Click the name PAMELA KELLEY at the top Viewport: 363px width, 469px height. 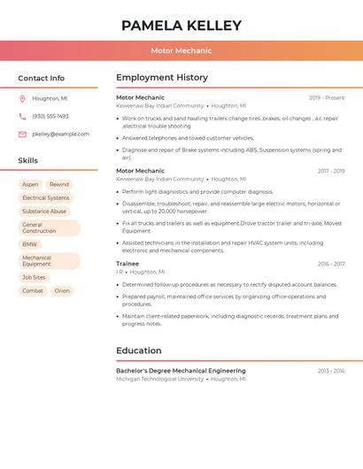pos(181,26)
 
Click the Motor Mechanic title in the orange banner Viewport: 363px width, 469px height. pos(181,51)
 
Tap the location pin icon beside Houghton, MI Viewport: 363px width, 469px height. pos(22,99)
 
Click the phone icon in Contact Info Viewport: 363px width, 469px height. pos(22,116)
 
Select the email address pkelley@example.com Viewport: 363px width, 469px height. pos(60,135)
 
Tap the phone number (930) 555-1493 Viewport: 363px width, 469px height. pos(50,116)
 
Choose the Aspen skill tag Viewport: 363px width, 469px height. pos(30,185)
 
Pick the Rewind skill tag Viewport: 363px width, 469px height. pos(59,185)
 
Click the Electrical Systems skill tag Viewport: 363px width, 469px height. pos(45,198)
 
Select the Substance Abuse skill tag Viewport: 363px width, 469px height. pos(44,211)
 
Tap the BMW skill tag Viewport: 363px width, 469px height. pos(29,244)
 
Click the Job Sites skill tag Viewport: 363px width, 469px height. pos(34,277)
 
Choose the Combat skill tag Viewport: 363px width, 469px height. pos(33,290)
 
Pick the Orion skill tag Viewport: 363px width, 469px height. pos(62,290)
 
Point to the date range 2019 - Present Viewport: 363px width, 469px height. pos(327,97)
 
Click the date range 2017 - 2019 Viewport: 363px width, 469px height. pos(330,171)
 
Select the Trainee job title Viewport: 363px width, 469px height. pos(127,264)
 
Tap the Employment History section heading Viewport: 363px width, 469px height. pos(162,78)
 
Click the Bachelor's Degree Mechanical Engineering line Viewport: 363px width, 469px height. pos(181,371)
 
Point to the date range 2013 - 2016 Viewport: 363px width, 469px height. pos(331,371)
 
